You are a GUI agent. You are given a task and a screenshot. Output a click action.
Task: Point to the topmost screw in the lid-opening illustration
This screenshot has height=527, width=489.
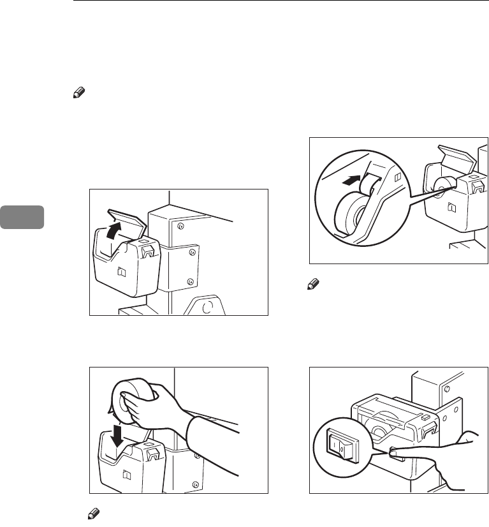pyautogui.click(x=181, y=226)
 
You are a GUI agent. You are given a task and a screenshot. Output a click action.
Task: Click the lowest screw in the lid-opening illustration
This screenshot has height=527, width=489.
pyautogui.click(x=189, y=281)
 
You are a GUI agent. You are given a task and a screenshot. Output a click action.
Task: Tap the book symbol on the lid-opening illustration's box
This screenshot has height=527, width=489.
pyautogui.click(x=120, y=272)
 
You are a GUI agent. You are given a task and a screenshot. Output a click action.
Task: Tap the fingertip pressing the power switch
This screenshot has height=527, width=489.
pyautogui.click(x=393, y=454)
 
